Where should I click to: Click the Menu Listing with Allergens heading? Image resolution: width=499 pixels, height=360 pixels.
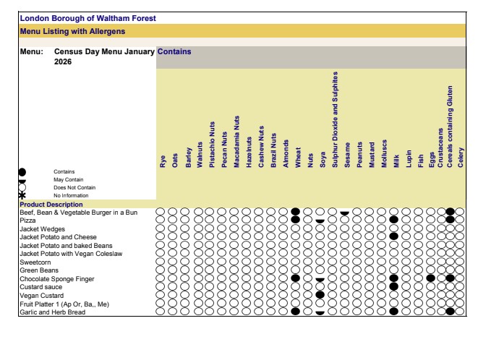click(x=72, y=31)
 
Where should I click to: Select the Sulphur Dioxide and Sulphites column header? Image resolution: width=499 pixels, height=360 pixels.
click(x=335, y=120)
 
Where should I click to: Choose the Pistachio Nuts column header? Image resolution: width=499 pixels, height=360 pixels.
click(x=211, y=145)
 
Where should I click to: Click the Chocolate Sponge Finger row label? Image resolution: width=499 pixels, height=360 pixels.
click(x=56, y=278)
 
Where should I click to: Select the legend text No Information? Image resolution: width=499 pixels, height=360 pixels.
click(x=71, y=195)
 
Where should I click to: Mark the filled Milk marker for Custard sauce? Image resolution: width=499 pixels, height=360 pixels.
click(x=393, y=286)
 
